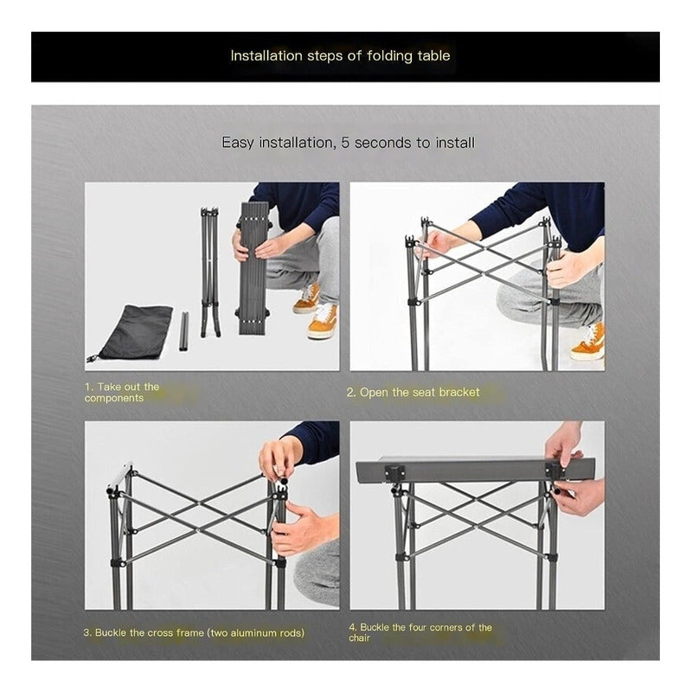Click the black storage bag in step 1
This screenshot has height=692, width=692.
point(132,332)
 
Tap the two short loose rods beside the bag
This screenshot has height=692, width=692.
point(183,331)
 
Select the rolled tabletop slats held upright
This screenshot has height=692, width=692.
point(253,268)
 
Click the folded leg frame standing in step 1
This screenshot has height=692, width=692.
point(209,272)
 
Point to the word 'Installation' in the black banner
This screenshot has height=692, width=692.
point(266,56)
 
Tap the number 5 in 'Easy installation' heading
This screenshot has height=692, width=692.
point(344,143)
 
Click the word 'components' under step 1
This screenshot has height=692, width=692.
point(114,398)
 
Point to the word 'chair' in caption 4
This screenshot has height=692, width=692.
point(359,638)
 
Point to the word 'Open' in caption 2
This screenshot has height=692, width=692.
point(374,393)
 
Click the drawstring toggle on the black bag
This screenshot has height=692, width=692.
point(92,358)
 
